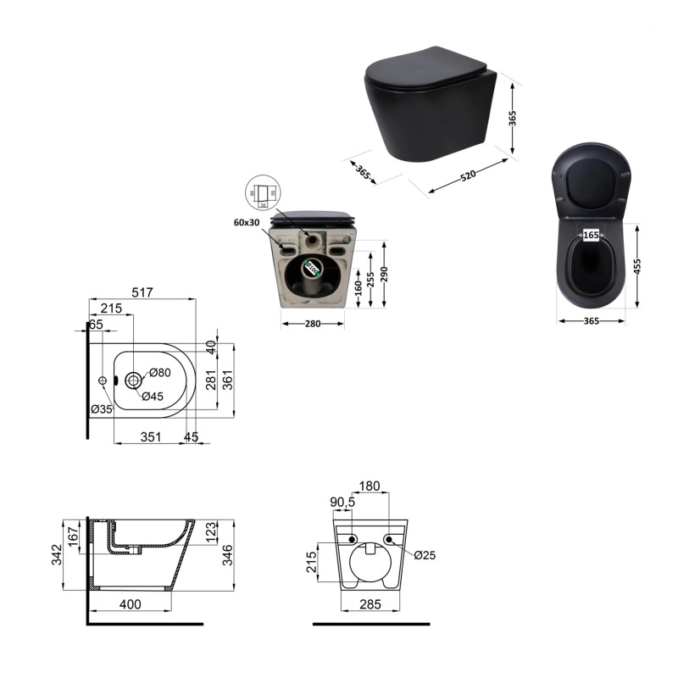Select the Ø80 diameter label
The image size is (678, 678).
161,374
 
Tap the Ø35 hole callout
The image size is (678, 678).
102,410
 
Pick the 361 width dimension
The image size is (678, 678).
229,381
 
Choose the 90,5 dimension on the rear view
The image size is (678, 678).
343,502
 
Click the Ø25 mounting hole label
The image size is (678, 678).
425,555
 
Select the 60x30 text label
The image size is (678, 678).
248,222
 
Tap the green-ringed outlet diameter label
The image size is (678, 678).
312,270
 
